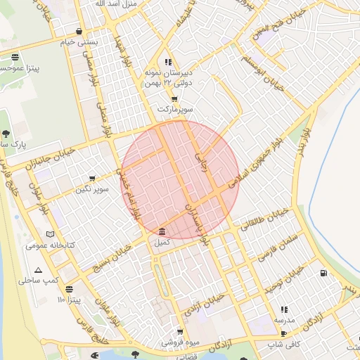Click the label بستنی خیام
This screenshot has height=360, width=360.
point(78,42)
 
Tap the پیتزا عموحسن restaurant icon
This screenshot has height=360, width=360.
point(15,58)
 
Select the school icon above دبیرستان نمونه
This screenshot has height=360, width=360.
point(167,63)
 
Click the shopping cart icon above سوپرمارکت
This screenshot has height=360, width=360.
point(174,99)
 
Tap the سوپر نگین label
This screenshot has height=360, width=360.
point(94,190)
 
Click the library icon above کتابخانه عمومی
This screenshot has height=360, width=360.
point(49,235)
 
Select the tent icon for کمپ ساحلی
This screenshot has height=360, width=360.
point(38,270)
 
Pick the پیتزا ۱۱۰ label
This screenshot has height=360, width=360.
point(71,300)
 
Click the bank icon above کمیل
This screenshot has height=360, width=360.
point(162,232)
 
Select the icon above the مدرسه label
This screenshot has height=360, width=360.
point(284,309)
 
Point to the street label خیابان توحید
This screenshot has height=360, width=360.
point(284,278)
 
